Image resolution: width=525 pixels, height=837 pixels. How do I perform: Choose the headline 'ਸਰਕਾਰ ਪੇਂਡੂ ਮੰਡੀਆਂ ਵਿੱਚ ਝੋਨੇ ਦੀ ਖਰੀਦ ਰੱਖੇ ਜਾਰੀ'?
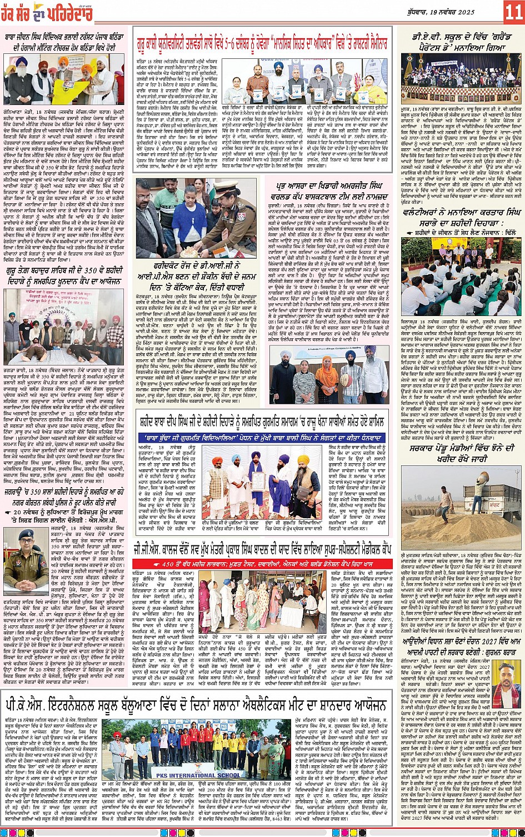pyautogui.click(x=461, y=453)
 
